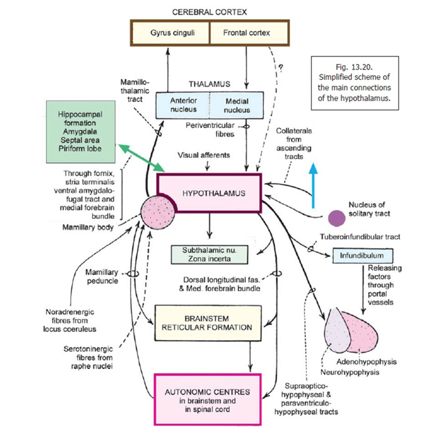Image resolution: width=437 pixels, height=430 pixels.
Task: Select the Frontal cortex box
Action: (247, 33)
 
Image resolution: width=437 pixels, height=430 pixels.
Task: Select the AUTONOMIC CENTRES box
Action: (208, 399)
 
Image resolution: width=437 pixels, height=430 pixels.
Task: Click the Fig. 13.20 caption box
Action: (354, 82)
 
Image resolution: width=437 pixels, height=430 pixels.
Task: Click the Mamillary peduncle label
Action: (102, 276)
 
